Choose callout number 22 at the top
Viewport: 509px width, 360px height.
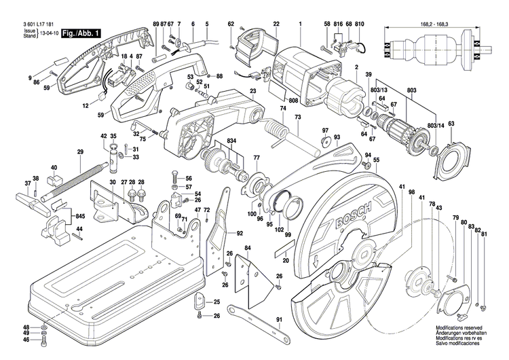click(x=276, y=25)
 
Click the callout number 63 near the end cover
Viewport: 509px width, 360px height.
click(x=451, y=123)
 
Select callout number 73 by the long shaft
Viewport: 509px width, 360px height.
click(x=297, y=118)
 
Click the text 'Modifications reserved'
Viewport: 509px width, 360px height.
click(x=459, y=327)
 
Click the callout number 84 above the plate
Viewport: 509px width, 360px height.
click(x=248, y=248)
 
